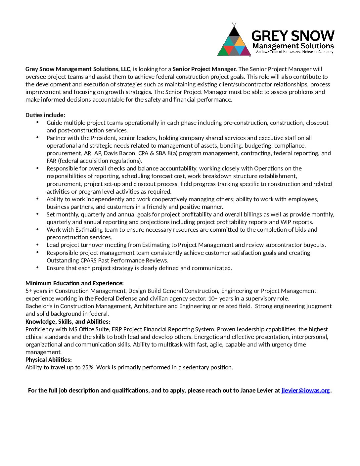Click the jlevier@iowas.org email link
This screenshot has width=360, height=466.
(x=305, y=391)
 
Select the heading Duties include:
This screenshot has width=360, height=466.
(x=45, y=115)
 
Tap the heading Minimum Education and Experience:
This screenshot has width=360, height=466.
(x=74, y=283)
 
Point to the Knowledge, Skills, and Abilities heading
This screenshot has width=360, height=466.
(x=68, y=322)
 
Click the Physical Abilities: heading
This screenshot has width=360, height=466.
(x=49, y=360)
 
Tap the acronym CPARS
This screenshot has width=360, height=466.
(x=88, y=260)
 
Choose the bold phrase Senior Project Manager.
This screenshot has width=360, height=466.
(x=204, y=69)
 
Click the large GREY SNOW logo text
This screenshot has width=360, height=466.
(x=293, y=36)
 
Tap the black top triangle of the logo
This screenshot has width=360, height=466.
(x=234, y=31)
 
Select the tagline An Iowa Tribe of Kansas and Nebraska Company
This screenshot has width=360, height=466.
(x=294, y=52)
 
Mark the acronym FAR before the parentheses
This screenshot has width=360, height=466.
(x=52, y=161)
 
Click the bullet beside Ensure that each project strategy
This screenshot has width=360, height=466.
(x=38, y=267)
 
